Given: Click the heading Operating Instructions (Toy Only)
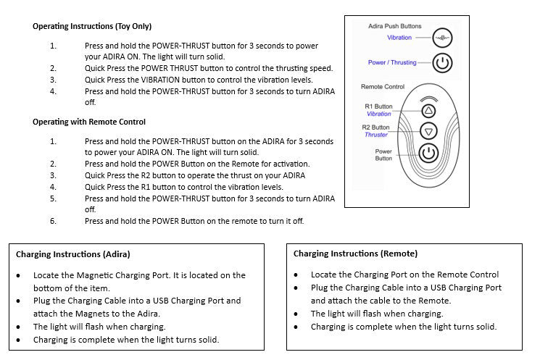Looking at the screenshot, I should click(x=92, y=26).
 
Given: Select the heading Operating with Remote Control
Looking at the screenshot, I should click(x=89, y=122).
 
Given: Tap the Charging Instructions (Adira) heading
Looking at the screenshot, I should click(x=73, y=254).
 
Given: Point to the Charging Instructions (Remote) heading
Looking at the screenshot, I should click(x=355, y=254).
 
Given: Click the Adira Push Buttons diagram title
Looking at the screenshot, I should click(x=394, y=26).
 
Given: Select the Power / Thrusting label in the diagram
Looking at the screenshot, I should click(x=392, y=63).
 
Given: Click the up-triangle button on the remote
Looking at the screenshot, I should click(x=428, y=111).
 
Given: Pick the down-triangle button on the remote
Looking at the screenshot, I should click(x=428, y=131).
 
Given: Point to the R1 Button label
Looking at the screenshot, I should click(x=378, y=106).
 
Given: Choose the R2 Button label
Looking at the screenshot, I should click(x=376, y=127).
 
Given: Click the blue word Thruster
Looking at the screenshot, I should click(x=376, y=135).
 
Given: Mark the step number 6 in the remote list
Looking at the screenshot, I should click(x=53, y=221).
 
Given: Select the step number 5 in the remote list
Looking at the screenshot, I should click(x=53, y=198).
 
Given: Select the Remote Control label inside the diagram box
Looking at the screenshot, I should click(x=383, y=87).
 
